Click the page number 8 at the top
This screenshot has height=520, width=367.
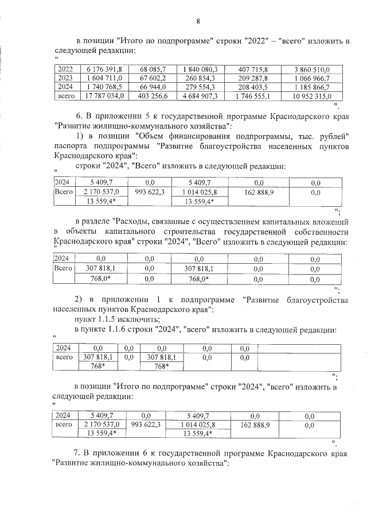click(x=198, y=21)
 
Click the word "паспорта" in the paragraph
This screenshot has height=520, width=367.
click(x=71, y=146)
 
